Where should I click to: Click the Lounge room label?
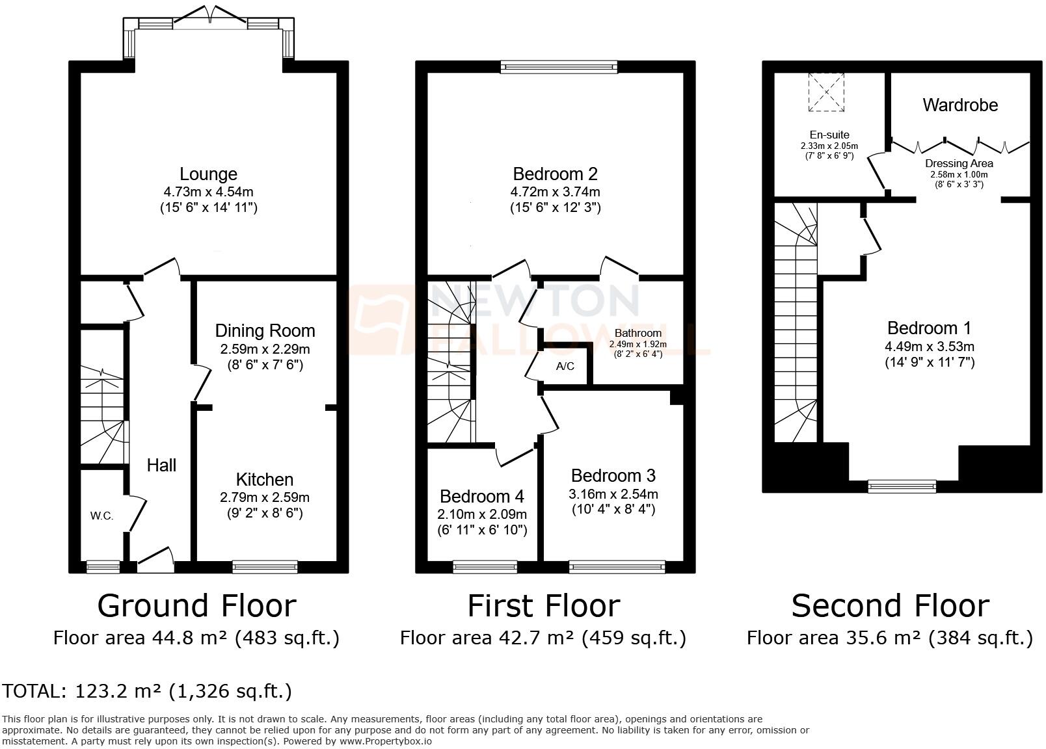(208, 174)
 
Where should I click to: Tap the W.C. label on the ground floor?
(101, 516)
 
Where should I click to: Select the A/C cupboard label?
(565, 367)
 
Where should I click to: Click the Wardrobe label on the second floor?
(959, 105)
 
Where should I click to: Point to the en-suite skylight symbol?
(825, 92)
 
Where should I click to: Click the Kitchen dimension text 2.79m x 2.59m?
(264, 497)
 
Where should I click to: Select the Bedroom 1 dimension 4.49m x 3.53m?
(929, 347)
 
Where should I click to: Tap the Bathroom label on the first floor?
(637, 333)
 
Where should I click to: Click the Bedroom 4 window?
(485, 567)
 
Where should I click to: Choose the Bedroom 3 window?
(617, 567)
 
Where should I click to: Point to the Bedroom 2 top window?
(558, 66)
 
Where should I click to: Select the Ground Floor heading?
(196, 605)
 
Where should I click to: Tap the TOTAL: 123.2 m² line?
(147, 690)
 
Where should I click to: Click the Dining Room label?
(265, 331)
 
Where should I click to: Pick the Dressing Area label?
(959, 164)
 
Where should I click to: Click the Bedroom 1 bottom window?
(902, 486)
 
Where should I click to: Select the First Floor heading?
(543, 605)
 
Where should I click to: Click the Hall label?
(161, 466)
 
